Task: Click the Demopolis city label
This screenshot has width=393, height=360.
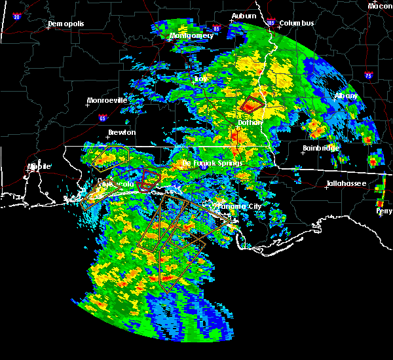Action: [x=65, y=24]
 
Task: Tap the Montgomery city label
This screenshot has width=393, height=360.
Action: [x=191, y=35]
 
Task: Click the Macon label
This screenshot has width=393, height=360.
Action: [x=380, y=6]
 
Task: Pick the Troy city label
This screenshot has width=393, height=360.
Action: [x=200, y=79]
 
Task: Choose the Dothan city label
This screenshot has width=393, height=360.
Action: [x=250, y=122]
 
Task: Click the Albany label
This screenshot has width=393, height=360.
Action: [x=346, y=96]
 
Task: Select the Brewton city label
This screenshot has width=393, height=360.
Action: [x=122, y=132]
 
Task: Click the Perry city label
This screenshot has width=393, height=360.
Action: [x=384, y=211]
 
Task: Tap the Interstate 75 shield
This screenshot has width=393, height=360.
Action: [x=369, y=75]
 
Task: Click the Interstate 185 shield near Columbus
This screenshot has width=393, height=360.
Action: [x=270, y=24]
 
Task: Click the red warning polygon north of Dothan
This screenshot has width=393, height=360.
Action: [x=251, y=104]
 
